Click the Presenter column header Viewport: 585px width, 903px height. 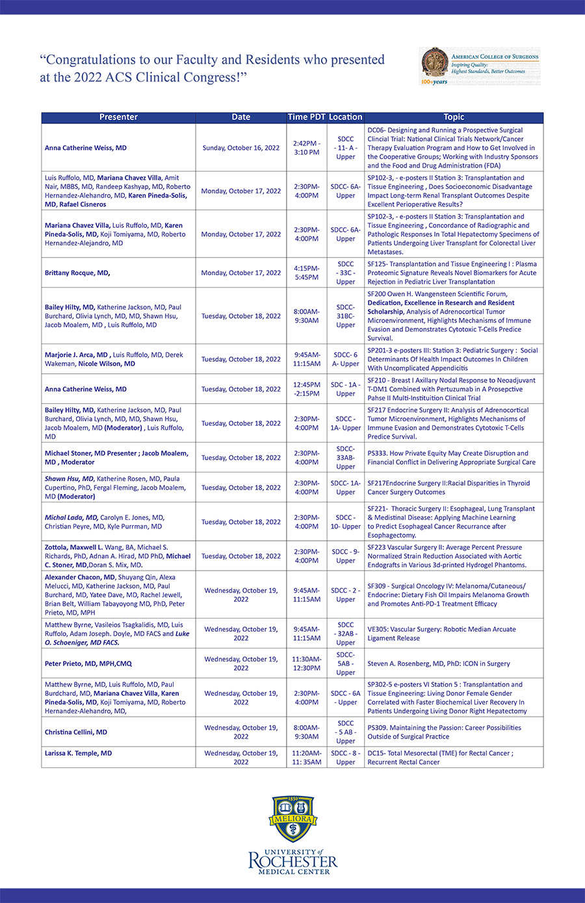pos(118,118)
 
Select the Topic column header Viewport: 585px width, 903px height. pos(454,118)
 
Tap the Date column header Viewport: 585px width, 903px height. pos(240,118)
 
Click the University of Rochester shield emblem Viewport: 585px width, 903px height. pos(292,819)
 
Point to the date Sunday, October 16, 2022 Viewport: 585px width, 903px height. pos(240,148)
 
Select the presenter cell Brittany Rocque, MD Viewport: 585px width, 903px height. pos(77,273)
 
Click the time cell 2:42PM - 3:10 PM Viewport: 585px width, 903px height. pos(306,148)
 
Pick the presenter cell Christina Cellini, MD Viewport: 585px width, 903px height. pos(76,732)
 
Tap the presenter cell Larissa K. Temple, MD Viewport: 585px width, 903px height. pos(78,754)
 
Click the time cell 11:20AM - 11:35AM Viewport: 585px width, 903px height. pos(306,758)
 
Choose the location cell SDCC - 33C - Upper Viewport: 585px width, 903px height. pos(346,273)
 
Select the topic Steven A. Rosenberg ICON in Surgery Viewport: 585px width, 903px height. pos(439,664)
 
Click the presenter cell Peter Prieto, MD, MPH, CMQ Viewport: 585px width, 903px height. pos(88,664)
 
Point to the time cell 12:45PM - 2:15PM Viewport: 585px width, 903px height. pos(306,390)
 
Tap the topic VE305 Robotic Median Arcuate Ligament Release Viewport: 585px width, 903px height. pos(441,634)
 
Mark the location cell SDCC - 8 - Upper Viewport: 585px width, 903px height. pos(346,758)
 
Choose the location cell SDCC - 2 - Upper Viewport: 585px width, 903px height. pos(346,595)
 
